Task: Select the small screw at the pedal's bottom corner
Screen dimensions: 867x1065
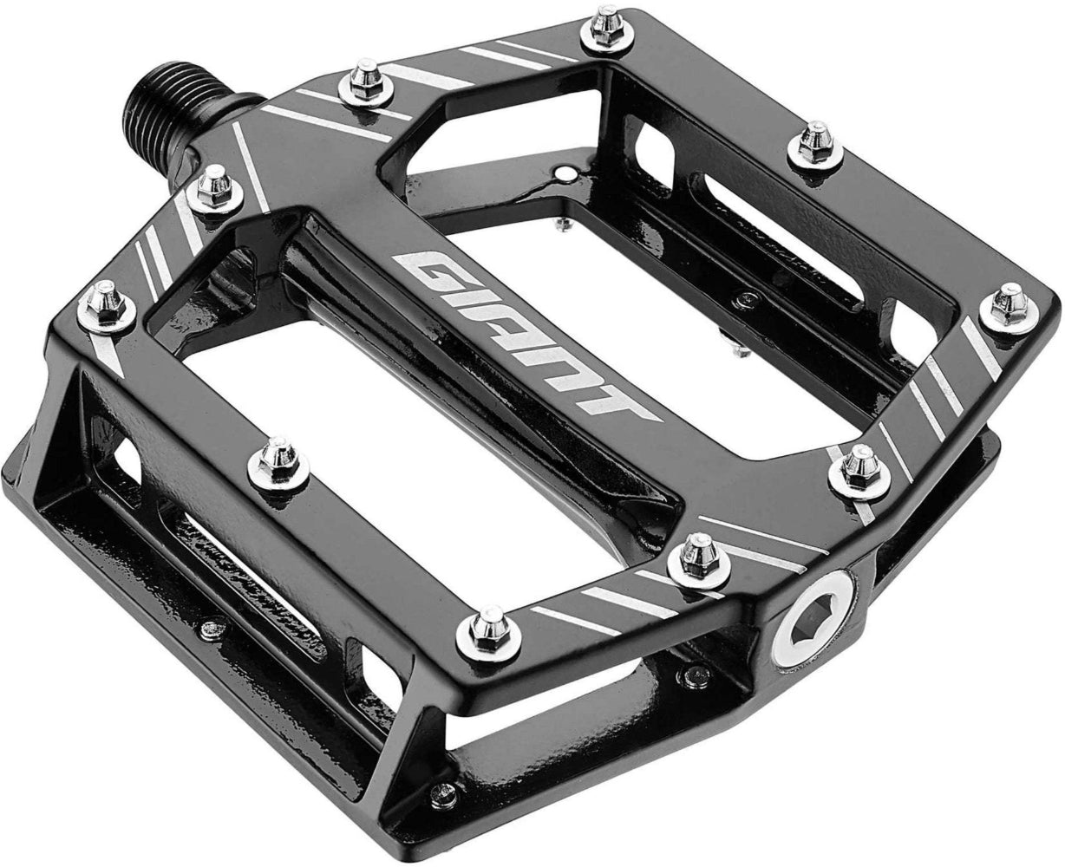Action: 445,790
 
